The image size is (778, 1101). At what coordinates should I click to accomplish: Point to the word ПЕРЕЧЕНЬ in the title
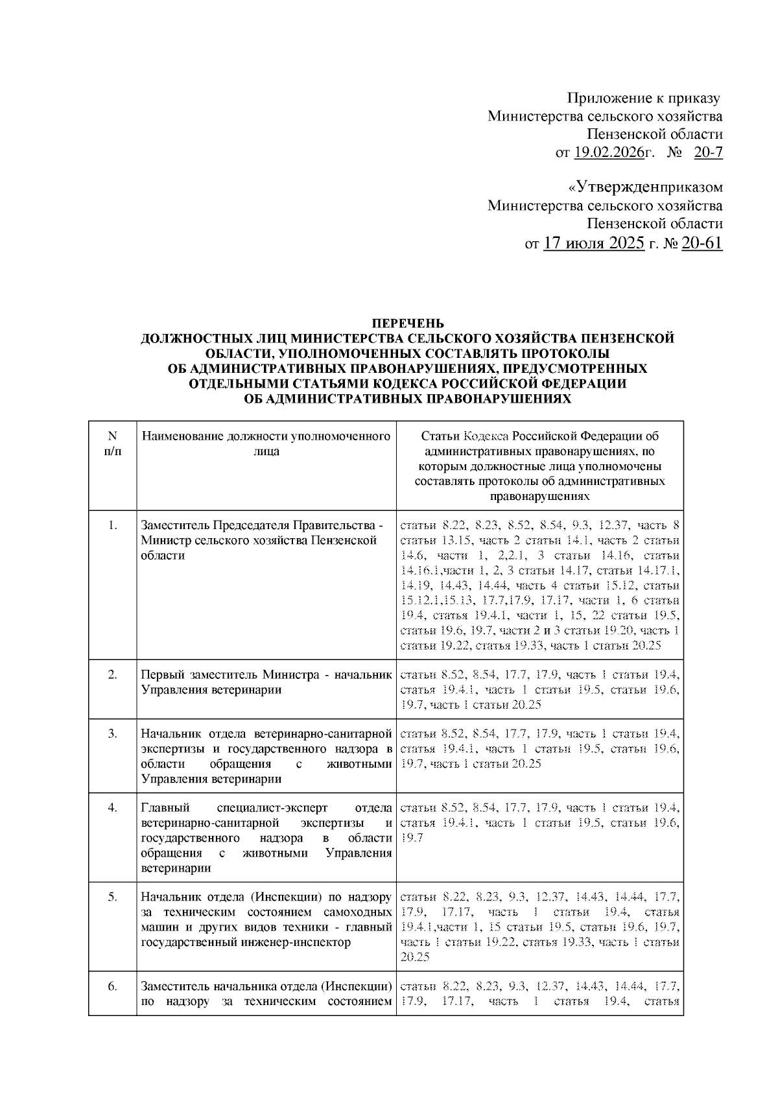[407, 322]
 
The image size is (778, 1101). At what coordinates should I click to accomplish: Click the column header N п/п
[112, 444]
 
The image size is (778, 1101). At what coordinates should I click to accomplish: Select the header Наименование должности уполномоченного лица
[266, 444]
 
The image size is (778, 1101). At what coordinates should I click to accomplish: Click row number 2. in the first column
[112, 674]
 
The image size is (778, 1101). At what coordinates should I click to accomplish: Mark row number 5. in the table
[112, 897]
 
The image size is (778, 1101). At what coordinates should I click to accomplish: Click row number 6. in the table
[112, 986]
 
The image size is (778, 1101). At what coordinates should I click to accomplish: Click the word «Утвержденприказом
[645, 189]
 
